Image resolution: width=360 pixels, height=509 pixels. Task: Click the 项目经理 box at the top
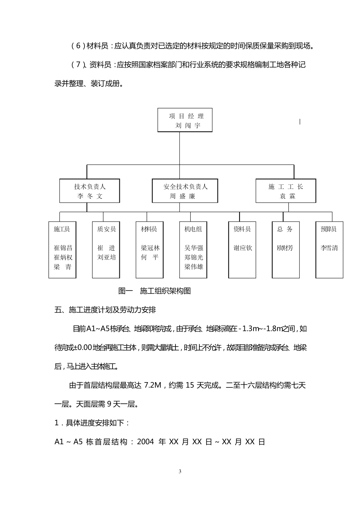pos(185,120)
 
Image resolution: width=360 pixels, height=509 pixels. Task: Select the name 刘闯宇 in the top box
pos(188,125)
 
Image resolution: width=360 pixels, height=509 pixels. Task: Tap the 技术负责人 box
pos(90,191)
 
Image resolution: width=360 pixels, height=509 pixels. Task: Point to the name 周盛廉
pos(182,196)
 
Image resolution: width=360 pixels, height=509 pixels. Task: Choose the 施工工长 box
pos(286,191)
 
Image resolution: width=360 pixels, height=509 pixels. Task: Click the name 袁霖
pos(288,196)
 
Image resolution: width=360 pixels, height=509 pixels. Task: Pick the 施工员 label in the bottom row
pos(62,229)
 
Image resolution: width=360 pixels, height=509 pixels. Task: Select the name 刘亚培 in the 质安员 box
pos(106,258)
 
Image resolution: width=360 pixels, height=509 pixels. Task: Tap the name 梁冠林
pos(150,248)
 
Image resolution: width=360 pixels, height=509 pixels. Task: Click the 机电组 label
pos(193,229)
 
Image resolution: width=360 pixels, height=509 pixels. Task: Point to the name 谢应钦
pos(243,248)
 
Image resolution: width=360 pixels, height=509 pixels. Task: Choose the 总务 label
pos(285,229)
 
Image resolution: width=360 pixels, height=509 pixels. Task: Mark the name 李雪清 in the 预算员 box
pos(329,248)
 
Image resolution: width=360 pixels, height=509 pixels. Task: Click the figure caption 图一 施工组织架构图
pos(155,291)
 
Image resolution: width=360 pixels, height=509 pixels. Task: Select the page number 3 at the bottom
pos(180,472)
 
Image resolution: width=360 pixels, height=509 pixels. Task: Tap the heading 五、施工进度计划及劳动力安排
pos(105,310)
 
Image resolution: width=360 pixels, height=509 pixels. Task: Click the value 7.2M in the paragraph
pos(153,386)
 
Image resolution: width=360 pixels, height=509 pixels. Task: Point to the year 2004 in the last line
pos(145,442)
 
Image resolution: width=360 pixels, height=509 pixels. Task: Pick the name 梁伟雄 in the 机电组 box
pos(194,267)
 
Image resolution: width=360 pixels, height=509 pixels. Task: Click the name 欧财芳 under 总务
pos(285,248)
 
